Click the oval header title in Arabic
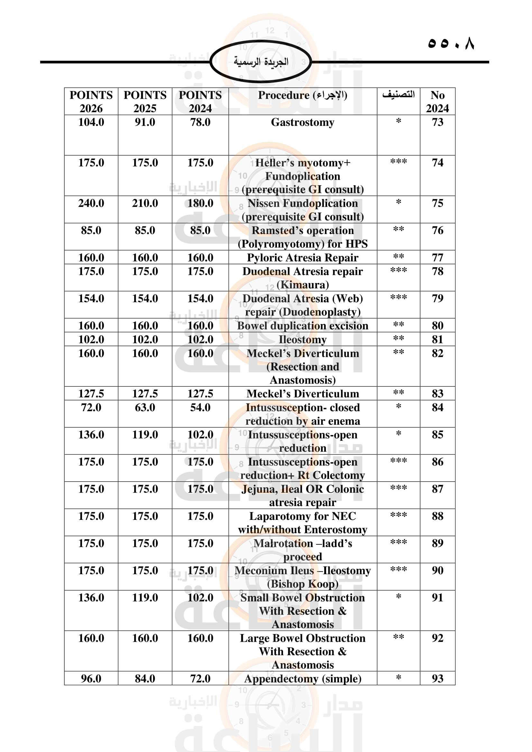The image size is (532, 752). (x=261, y=62)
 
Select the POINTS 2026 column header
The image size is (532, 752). (x=91, y=102)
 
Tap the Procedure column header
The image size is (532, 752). (x=302, y=95)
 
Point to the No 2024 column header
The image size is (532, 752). (x=437, y=102)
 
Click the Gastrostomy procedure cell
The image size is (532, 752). (x=302, y=122)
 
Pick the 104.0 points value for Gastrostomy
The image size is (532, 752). (x=91, y=122)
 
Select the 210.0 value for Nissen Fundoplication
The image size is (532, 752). (x=145, y=204)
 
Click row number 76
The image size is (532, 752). (x=437, y=231)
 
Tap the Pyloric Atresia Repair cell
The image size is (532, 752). (x=302, y=258)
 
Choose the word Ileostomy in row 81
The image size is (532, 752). (x=302, y=340)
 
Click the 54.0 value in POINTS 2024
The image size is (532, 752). (x=200, y=408)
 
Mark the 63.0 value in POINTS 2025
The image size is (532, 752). (x=145, y=408)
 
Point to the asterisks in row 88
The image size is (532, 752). (x=398, y=515)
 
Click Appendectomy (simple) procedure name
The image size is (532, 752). (x=302, y=679)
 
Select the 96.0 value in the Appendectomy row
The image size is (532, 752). (x=91, y=679)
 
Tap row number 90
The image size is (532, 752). (x=437, y=571)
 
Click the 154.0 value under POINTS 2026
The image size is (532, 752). (x=91, y=299)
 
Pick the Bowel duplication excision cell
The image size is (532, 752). (x=302, y=326)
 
